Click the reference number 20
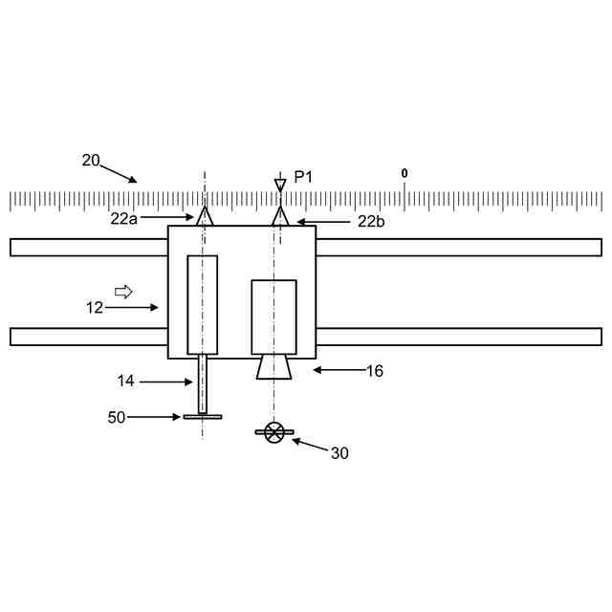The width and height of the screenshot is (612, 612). point(91,161)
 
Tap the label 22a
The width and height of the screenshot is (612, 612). point(123,219)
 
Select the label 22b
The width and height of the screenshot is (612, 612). point(371,222)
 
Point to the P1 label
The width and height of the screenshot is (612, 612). point(303,177)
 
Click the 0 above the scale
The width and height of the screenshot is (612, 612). point(404,173)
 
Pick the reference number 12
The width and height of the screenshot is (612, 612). point(95,308)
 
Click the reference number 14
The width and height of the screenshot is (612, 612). point(125,381)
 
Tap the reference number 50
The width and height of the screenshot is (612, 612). point(117,417)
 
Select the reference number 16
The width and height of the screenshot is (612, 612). point(375,371)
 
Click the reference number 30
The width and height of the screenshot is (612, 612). point(339,453)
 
